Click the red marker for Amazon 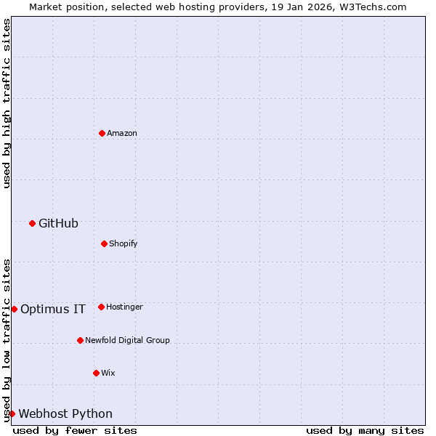coord(102,133)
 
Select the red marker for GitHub coord(32,223)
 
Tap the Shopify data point coord(104,243)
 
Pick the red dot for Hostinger coord(101,307)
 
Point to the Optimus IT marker coord(14,309)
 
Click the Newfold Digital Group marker coord(80,340)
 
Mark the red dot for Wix coord(96,373)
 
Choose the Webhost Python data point coord(12,413)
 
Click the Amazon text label coord(122,134)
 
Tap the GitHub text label coord(58,223)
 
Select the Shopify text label coord(124,243)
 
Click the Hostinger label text coord(124,307)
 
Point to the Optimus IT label coord(53,309)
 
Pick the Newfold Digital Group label coord(127,340)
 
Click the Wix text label coord(108,373)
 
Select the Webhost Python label coord(65,413)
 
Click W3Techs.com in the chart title coord(371,7)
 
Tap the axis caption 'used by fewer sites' coord(75,430)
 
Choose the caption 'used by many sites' coord(365,430)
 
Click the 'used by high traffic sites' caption coord(7,103)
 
